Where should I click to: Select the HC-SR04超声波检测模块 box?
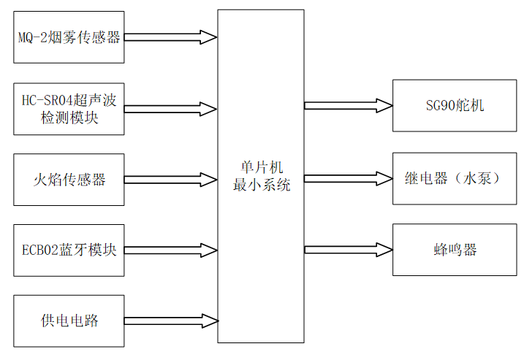[x=69, y=109]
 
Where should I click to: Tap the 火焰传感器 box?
[x=69, y=180]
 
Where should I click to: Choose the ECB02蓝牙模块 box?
[x=69, y=250]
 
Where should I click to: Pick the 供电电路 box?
[x=69, y=321]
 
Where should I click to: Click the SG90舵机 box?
[x=455, y=106]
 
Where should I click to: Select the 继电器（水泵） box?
[x=455, y=178]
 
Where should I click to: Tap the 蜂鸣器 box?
[x=455, y=250]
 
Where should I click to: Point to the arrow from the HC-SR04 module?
[x=171, y=110]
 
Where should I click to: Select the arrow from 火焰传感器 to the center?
[x=171, y=180]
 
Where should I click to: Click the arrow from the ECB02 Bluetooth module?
[x=171, y=250]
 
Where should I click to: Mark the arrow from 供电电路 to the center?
[x=171, y=321]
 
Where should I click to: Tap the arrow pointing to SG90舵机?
[x=348, y=106]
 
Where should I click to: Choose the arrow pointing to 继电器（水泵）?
[x=348, y=178]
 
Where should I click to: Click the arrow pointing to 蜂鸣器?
[x=348, y=250]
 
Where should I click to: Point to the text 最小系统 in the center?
[x=261, y=185]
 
